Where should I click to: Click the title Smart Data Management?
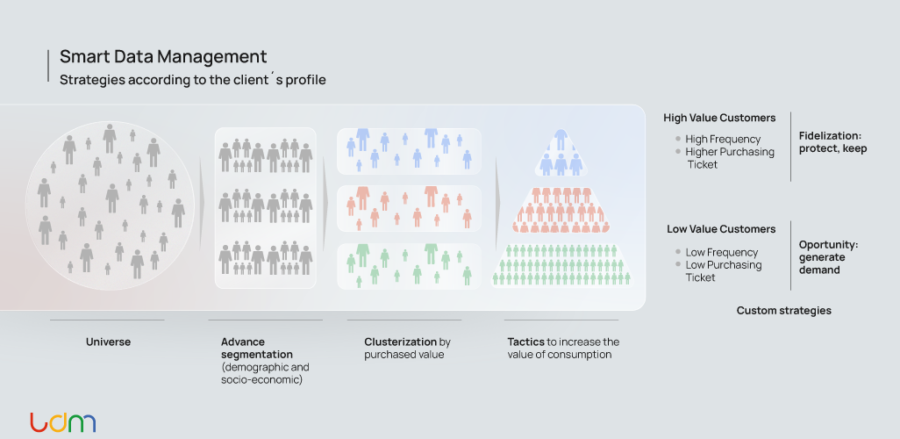(163, 57)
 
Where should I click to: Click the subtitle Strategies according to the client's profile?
(193, 80)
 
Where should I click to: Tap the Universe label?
(108, 342)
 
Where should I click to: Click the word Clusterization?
(400, 342)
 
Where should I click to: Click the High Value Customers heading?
(719, 118)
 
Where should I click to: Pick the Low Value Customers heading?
(721, 229)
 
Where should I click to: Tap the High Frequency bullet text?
(723, 139)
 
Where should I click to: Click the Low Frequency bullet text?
(721, 252)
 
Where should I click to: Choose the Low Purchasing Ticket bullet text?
(723, 271)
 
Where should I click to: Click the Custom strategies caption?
(783, 311)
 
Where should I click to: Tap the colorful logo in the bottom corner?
(62, 422)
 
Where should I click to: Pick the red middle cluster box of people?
(409, 208)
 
